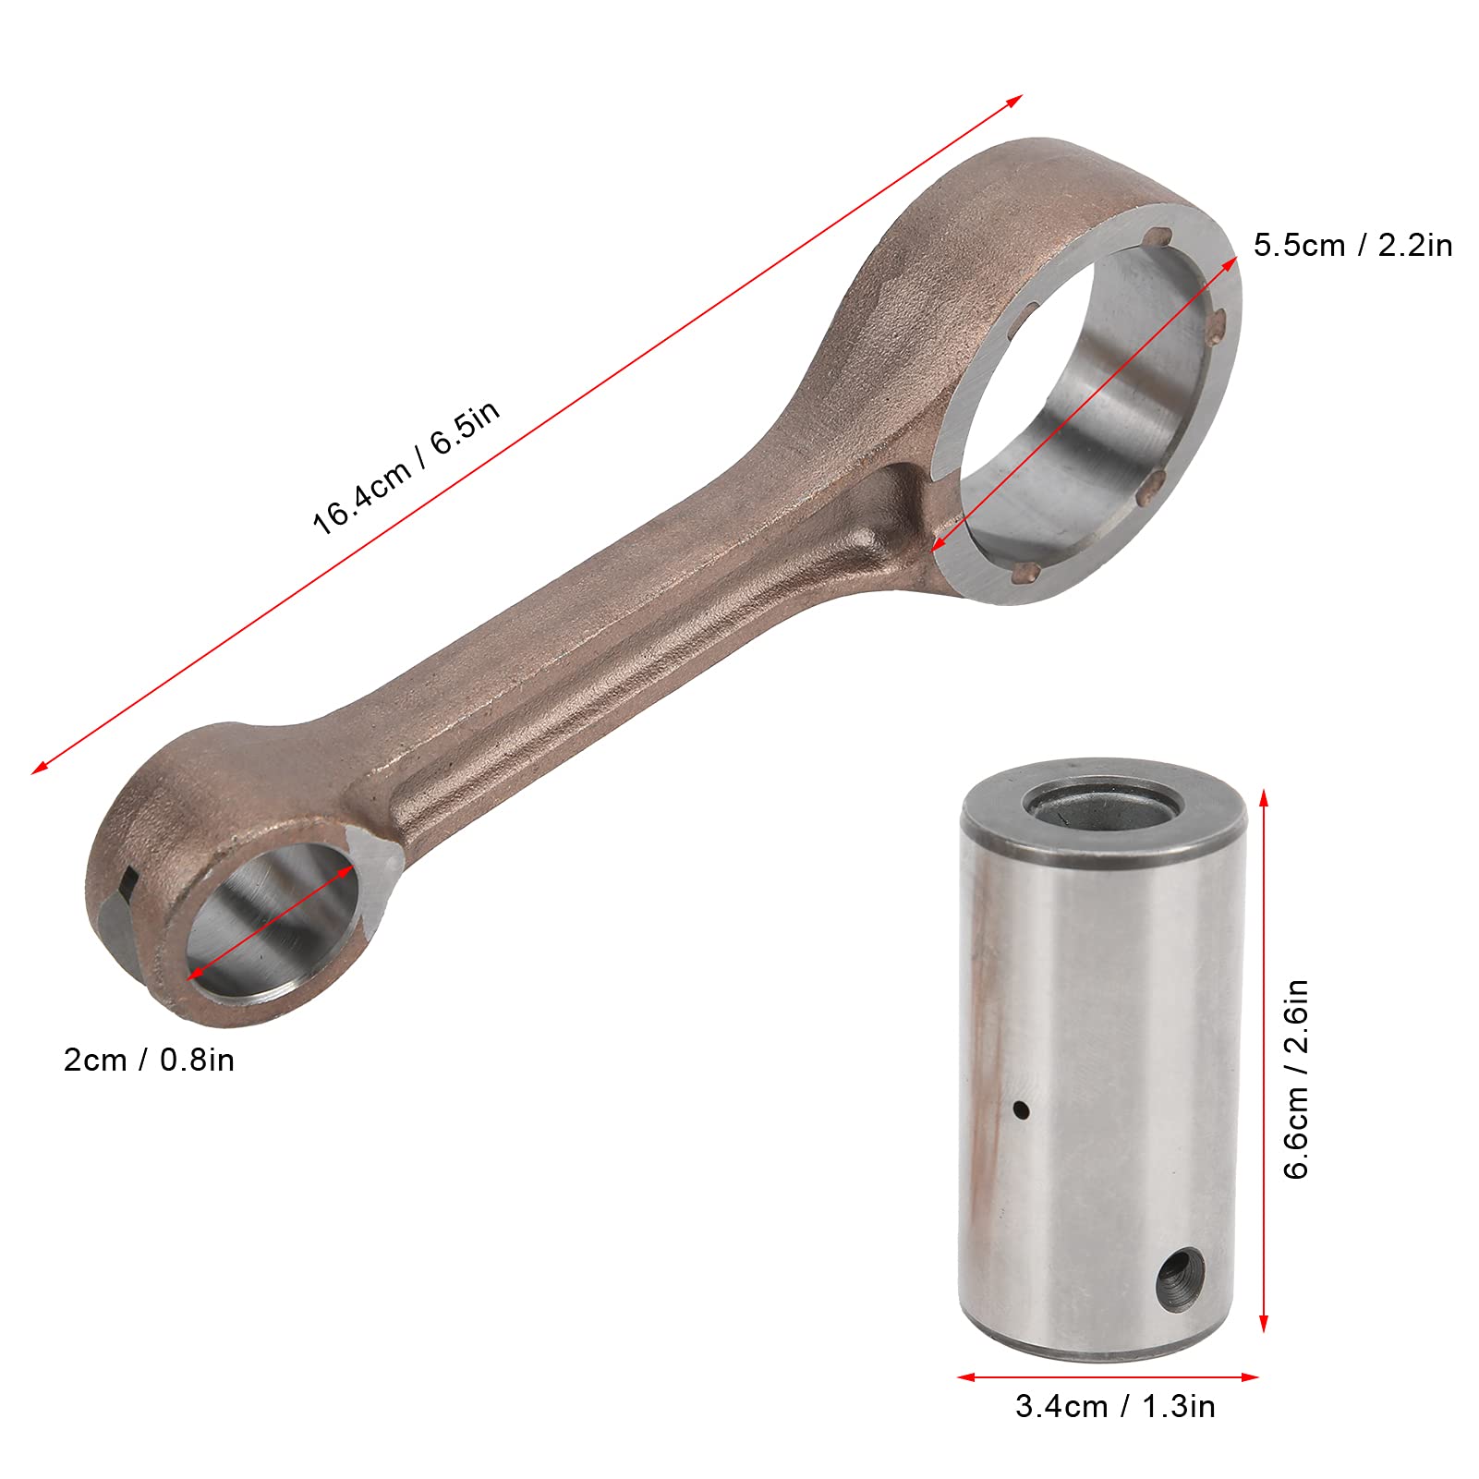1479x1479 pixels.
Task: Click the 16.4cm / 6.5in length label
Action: [406, 467]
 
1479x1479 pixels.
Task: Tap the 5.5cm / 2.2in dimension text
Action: [1352, 245]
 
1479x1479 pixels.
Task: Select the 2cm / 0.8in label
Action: [149, 1060]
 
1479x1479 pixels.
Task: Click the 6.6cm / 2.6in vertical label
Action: [1297, 1079]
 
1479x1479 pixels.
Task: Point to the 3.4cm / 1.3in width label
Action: [1115, 1406]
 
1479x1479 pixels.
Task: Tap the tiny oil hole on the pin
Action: [1021, 1109]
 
